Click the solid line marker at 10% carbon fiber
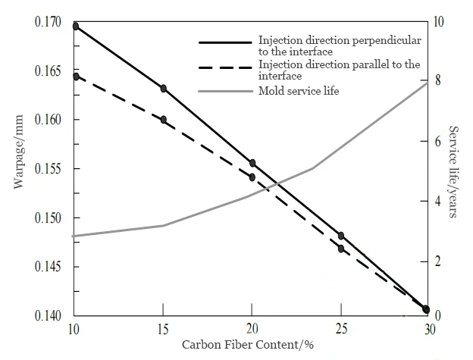(75, 26)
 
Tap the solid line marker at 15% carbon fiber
(163, 89)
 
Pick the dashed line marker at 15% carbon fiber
(163, 119)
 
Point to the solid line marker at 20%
(252, 163)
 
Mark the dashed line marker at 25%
(341, 249)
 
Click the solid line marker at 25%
(341, 236)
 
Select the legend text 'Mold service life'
(299, 91)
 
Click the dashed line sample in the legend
(224, 68)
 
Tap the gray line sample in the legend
(224, 91)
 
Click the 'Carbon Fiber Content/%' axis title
(248, 345)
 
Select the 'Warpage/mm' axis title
(18, 169)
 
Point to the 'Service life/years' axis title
(453, 172)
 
